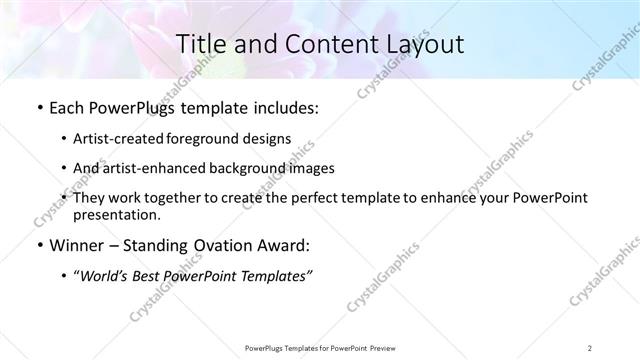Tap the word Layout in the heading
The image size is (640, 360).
pos(419,44)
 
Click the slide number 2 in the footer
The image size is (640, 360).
pos(590,348)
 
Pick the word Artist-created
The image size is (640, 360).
pos(118,139)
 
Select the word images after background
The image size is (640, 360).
pos(311,168)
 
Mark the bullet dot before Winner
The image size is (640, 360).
pos(38,245)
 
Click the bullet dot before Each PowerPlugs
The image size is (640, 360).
pos(38,109)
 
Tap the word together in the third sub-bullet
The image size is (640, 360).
pos(194,198)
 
